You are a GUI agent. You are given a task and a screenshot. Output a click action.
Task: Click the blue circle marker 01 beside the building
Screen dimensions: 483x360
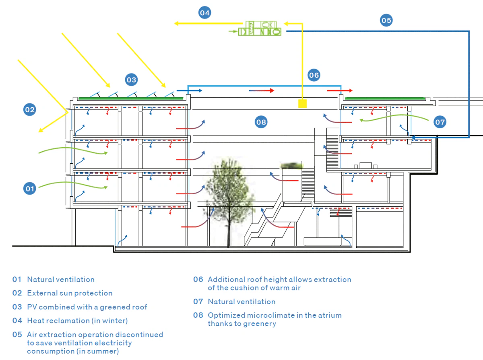click(x=30, y=189)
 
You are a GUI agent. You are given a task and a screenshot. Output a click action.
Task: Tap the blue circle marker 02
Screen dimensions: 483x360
click(x=30, y=109)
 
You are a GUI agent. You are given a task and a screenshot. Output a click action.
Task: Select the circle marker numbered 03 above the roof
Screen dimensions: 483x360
click(x=131, y=80)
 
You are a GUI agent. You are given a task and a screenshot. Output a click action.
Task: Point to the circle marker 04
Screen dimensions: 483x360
click(x=204, y=12)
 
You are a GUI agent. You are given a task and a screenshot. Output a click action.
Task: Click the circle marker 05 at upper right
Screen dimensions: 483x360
click(x=386, y=20)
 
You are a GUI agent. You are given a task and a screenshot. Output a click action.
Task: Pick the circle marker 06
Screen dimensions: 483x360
click(x=314, y=75)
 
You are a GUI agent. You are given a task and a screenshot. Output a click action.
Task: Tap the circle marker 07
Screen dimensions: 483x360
click(x=440, y=122)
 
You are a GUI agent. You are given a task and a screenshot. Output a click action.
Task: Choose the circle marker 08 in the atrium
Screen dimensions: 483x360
click(x=261, y=122)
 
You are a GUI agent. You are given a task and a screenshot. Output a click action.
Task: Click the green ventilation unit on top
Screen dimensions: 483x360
click(x=260, y=28)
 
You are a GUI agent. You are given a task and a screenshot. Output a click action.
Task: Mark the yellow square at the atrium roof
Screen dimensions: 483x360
click(x=302, y=104)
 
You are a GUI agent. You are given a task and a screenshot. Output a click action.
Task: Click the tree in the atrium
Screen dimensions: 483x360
click(x=229, y=198)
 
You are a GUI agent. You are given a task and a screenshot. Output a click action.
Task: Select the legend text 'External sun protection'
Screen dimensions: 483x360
click(x=70, y=293)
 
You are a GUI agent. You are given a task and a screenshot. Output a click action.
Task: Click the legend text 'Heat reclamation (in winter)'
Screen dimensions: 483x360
click(x=77, y=321)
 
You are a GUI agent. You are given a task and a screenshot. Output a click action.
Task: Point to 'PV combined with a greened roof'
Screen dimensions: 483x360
click(x=87, y=307)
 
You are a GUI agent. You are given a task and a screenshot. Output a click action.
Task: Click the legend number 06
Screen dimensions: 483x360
click(x=198, y=280)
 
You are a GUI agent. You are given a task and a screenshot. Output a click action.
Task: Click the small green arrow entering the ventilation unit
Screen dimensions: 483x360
click(x=233, y=31)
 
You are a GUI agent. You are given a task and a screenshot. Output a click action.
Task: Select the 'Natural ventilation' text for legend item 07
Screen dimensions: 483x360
click(x=242, y=302)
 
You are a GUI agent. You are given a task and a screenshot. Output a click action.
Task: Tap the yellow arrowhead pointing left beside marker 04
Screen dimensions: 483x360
click(x=176, y=23)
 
